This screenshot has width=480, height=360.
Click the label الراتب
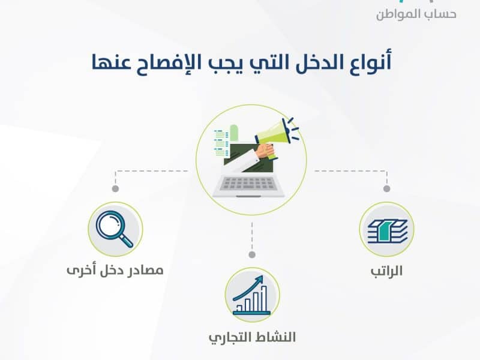[386, 271]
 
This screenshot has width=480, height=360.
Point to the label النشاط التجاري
[252, 337]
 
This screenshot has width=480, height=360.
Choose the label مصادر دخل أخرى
[115, 270]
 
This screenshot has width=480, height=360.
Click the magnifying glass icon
[115, 229]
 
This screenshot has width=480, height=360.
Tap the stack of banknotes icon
[387, 231]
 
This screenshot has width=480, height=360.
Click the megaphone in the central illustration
[275, 134]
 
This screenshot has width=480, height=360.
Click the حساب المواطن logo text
[416, 14]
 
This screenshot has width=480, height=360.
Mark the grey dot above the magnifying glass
[115, 188]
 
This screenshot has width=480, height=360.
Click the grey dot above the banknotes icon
[386, 188]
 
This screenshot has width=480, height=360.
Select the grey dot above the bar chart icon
[252, 254]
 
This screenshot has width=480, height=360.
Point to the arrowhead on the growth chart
[260, 278]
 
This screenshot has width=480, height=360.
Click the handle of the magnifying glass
[126, 240]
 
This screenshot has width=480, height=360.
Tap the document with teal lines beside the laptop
[221, 142]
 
